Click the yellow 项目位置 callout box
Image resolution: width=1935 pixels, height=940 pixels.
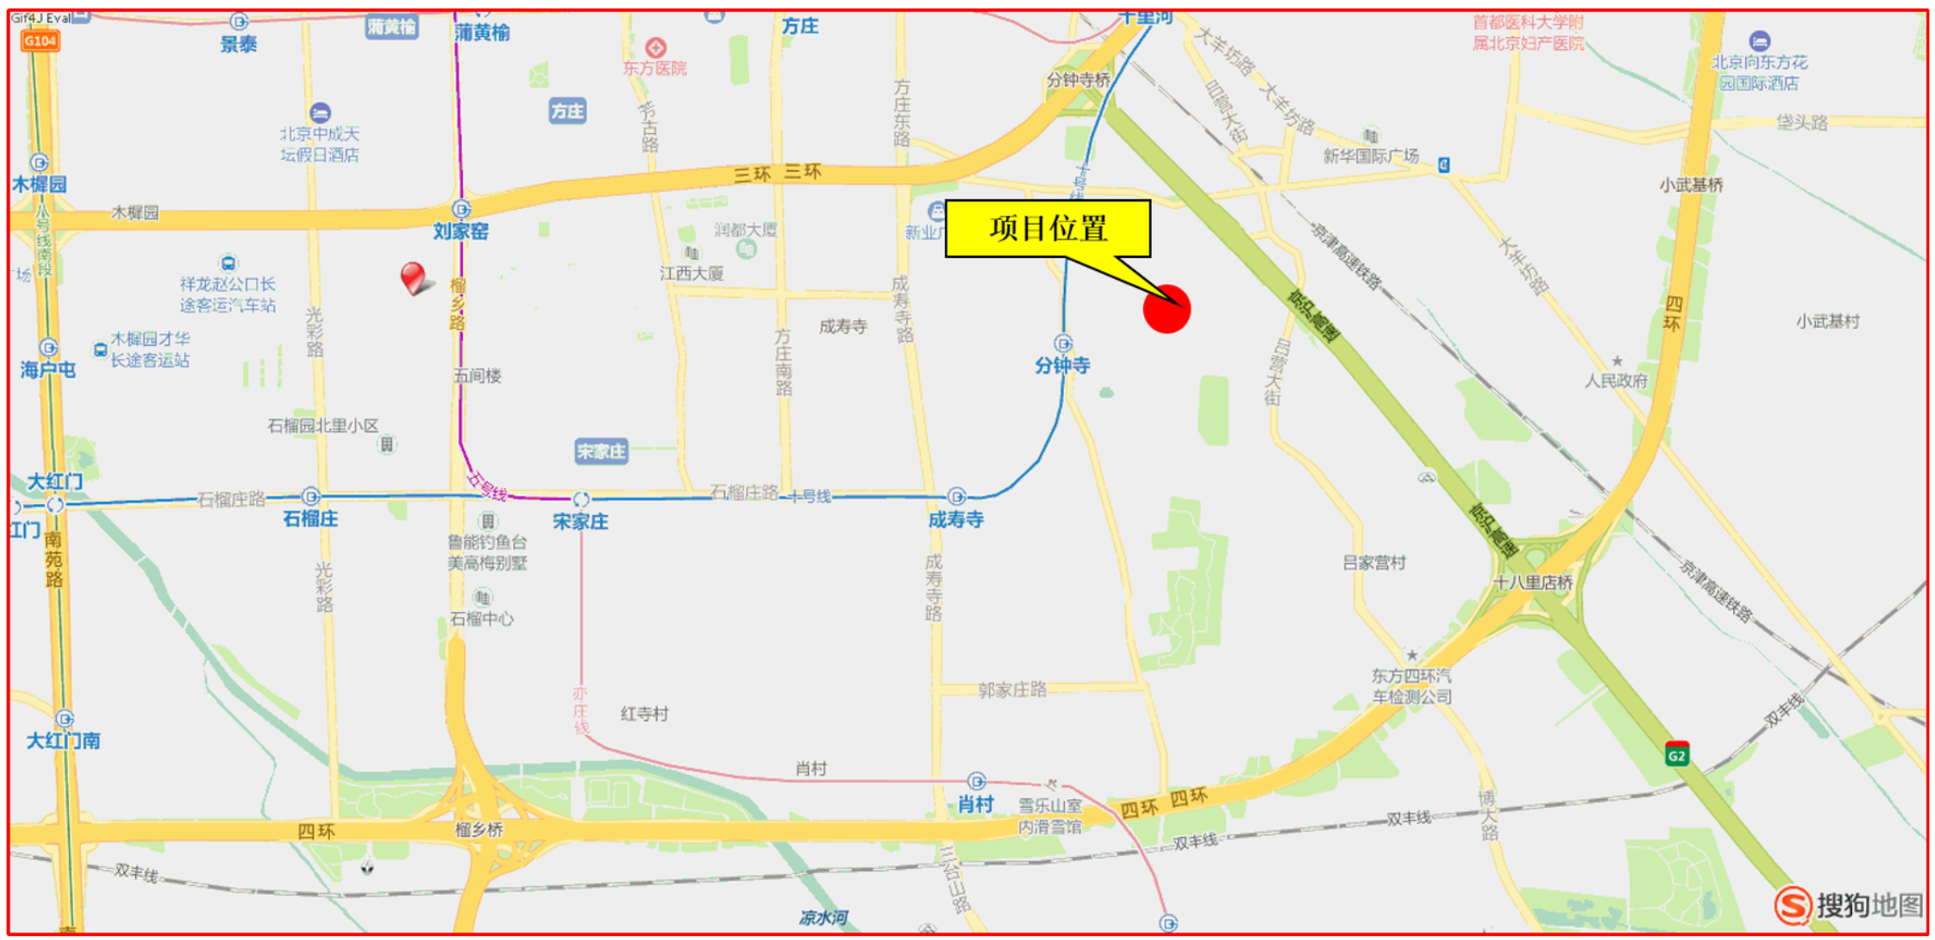(x=1048, y=228)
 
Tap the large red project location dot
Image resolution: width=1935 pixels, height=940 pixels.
(x=1167, y=309)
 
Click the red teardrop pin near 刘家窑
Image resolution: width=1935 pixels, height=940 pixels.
(x=412, y=277)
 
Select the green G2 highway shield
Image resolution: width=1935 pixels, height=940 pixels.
(x=1676, y=755)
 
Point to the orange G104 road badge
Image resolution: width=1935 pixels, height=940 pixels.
(x=41, y=41)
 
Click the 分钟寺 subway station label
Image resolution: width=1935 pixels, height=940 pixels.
(x=1062, y=366)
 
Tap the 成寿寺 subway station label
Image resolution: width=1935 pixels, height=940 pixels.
(x=955, y=520)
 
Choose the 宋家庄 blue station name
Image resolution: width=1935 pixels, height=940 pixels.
(x=580, y=521)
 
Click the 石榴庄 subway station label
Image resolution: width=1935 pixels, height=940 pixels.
(x=311, y=519)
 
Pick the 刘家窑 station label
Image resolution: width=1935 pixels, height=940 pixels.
(x=461, y=231)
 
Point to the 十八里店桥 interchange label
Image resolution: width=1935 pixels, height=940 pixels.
(x=1533, y=583)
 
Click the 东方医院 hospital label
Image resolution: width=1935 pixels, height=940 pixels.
(x=655, y=68)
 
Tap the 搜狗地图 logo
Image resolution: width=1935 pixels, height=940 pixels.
(x=1849, y=905)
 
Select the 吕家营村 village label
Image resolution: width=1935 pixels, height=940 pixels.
(x=1375, y=563)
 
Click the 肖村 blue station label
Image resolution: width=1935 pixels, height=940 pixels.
(x=975, y=805)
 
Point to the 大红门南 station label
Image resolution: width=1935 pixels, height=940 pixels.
(x=63, y=741)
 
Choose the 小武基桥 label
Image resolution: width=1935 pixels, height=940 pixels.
(x=1691, y=185)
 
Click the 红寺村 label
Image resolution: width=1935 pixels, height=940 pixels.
(x=644, y=714)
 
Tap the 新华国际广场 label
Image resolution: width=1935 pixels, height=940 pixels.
(x=1371, y=156)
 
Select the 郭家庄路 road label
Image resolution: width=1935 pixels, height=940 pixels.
(x=1012, y=691)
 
